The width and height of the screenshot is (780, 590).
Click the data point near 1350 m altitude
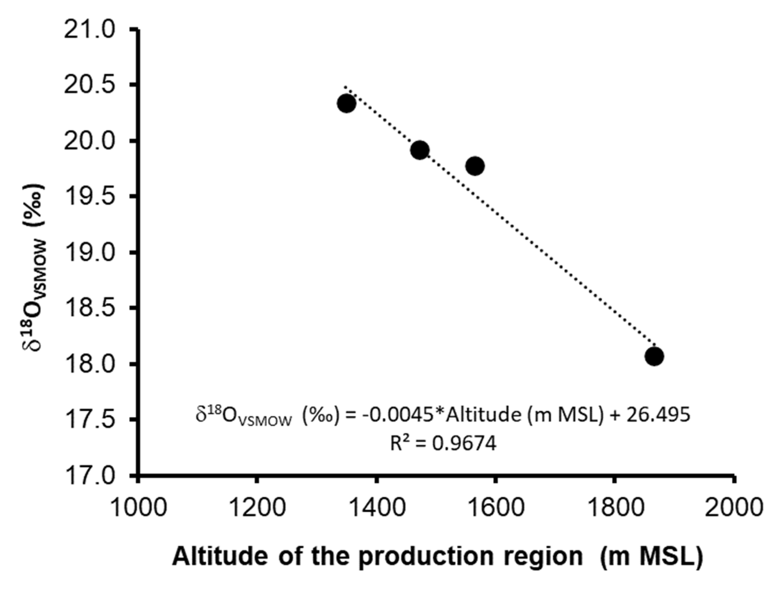click(346, 103)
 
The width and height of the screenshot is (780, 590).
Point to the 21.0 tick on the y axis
click(90, 30)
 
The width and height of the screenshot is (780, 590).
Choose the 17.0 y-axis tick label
click(90, 476)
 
